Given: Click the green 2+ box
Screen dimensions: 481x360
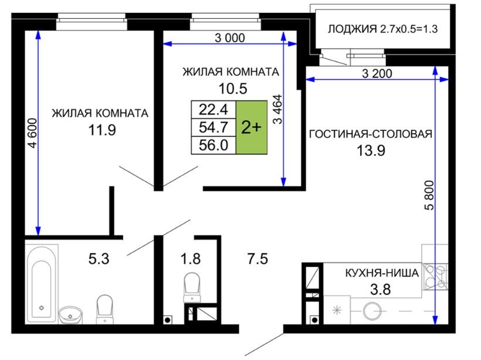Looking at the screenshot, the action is tap(252, 127).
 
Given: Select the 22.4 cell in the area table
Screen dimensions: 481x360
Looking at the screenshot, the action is tap(214, 110).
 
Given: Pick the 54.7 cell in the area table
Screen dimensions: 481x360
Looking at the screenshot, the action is tap(214, 127).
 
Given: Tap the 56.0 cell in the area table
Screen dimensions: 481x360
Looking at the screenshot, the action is tap(214, 145).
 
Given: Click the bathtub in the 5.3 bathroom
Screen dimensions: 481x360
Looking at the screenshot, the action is tap(42, 284).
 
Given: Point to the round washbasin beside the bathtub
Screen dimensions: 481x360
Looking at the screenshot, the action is tap(70, 314).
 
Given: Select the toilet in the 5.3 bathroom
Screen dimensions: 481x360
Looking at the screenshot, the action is tap(104, 309).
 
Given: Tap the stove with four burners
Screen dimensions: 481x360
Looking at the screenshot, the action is tap(435, 277).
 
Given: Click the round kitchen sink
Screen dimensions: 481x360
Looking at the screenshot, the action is tap(372, 311).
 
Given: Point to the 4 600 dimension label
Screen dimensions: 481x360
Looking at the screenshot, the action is tap(32, 134).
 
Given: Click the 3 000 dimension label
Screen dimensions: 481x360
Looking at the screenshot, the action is tap(230, 38).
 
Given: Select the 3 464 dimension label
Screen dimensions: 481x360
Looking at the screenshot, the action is tap(277, 110).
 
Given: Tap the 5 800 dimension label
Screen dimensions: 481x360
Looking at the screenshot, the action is tap(429, 195).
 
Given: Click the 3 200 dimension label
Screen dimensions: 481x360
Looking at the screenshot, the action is tap(377, 74).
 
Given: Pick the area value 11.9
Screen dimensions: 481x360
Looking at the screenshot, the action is tap(102, 130).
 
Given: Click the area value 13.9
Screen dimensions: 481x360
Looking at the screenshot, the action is tap(371, 151).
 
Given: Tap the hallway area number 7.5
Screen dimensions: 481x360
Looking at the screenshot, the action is tap(258, 259).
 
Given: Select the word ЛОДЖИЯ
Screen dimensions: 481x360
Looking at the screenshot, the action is tap(352, 29).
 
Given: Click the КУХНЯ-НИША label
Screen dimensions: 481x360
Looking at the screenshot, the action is tap(382, 273).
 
